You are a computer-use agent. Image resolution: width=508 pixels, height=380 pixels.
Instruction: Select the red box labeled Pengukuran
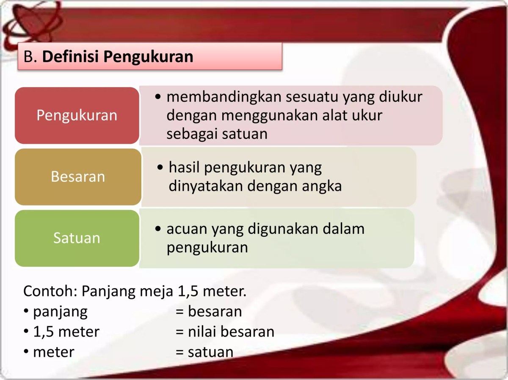[x=77, y=115]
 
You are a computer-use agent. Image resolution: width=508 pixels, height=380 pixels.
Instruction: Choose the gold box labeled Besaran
[x=78, y=176]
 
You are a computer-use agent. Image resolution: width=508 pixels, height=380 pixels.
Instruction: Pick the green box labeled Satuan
[x=77, y=238]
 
